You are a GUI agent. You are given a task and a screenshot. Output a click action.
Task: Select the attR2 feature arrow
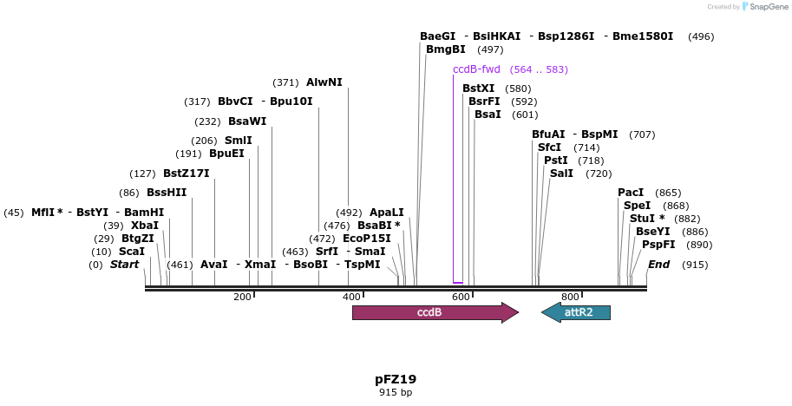coord(579,312)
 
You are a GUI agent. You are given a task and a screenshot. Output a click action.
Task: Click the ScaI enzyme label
coord(132,252)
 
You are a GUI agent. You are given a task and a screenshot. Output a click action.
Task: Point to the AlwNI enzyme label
coord(324,82)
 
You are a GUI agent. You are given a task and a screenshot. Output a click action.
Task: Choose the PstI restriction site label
coord(555,160)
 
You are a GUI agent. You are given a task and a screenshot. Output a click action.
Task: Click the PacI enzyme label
coord(631,193)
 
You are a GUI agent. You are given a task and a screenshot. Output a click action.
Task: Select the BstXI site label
coord(478,88)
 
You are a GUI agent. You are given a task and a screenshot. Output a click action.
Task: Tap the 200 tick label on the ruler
coord(242,297)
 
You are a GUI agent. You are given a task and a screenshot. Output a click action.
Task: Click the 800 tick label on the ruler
coord(570,297)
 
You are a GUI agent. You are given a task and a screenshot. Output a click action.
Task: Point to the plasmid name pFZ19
coord(396,379)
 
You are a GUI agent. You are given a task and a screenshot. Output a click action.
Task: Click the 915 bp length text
coord(396,393)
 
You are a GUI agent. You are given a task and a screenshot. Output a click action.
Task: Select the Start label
coord(124,265)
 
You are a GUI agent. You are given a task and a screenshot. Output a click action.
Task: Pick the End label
coord(658,265)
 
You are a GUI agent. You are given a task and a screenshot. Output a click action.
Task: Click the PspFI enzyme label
coord(658,245)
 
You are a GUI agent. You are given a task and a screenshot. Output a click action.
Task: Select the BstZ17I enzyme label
coord(186,174)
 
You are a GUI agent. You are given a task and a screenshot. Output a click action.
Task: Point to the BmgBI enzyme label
coord(446,49)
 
